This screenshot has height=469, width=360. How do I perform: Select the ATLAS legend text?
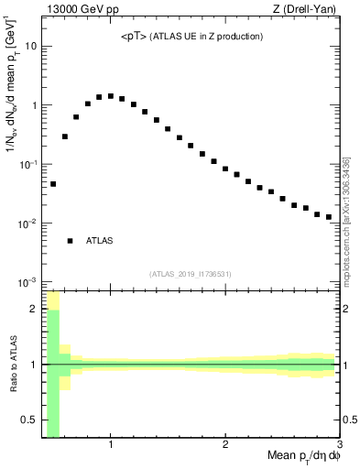click(100, 241)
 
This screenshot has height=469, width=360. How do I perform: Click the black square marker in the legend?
click(71, 241)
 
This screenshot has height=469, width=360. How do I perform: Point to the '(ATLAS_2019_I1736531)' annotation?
click(191, 273)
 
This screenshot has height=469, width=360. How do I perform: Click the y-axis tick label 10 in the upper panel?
click(30, 46)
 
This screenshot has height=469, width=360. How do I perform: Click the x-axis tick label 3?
click(339, 444)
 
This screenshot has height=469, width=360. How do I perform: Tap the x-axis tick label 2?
click(225, 444)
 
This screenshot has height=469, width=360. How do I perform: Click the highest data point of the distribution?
click(111, 95)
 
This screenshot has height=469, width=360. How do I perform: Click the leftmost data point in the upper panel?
click(53, 184)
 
